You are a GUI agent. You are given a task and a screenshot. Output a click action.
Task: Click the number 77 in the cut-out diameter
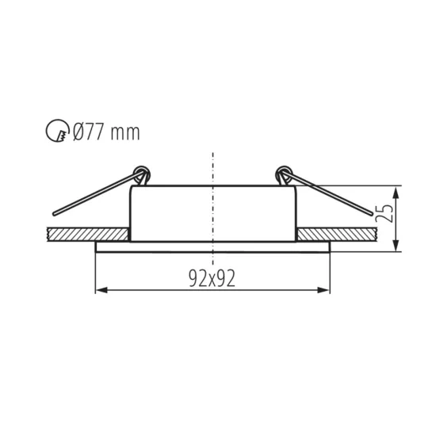point(94,132)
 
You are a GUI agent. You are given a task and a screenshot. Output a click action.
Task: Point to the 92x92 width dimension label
point(212,277)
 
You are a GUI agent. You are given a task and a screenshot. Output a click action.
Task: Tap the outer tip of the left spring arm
point(52,214)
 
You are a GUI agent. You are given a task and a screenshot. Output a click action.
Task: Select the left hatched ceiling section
point(87,235)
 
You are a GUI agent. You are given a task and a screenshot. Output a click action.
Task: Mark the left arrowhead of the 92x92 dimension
point(99,290)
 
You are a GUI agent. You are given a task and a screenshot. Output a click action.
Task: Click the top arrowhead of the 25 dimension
point(396,191)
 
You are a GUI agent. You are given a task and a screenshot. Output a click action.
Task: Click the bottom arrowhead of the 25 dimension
point(396,247)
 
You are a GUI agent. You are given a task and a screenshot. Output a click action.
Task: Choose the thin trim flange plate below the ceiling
point(212,246)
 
